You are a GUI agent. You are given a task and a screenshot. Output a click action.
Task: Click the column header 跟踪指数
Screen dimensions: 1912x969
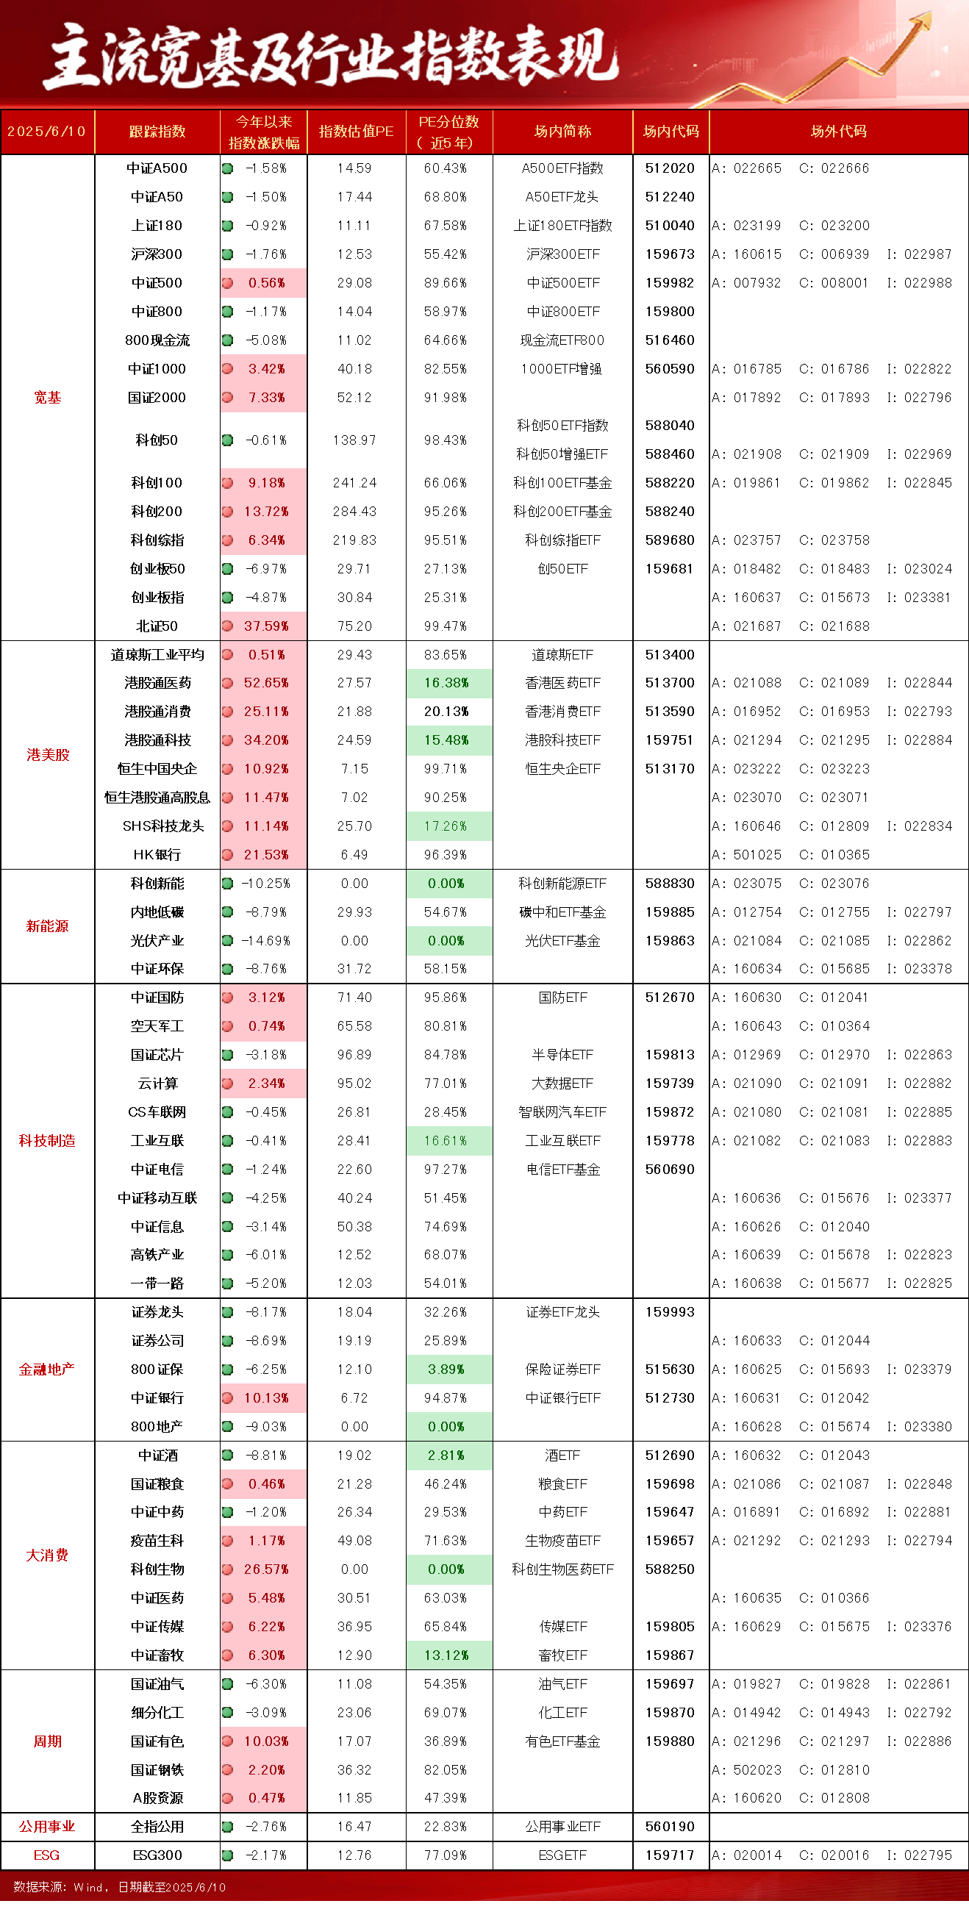point(157,132)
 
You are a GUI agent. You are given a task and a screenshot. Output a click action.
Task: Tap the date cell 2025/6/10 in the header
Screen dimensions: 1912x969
point(47,132)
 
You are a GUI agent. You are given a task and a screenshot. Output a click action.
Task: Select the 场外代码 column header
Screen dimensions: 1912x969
point(838,132)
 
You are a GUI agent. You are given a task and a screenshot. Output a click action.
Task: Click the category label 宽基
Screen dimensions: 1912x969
point(47,397)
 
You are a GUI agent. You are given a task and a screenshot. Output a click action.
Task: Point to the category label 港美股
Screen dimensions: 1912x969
point(48,755)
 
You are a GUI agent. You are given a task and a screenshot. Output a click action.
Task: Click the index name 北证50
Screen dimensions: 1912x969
point(157,626)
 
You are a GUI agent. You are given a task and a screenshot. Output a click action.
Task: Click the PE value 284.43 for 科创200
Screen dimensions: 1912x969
point(355,512)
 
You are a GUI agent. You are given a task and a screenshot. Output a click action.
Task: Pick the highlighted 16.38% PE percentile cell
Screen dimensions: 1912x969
point(447,683)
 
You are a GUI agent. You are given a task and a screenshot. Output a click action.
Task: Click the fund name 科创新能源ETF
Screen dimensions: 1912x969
point(562,884)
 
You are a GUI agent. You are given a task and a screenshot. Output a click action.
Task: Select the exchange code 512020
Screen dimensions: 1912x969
point(670,168)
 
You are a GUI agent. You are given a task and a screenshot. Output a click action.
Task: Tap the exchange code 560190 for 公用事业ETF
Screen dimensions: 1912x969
point(670,1827)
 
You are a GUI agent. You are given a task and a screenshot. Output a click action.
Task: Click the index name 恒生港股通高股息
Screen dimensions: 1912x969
point(157,798)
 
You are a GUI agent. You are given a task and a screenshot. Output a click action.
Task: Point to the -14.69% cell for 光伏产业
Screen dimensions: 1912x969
point(265,941)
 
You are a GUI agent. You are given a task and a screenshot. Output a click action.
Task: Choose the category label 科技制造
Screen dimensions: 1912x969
point(47,1141)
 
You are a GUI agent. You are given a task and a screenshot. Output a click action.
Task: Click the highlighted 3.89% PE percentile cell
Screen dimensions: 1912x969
point(447,1369)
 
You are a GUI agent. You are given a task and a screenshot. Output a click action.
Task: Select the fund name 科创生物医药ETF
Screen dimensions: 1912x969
point(562,1569)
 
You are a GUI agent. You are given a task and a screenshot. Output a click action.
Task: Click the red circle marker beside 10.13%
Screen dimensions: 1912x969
point(228,1398)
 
